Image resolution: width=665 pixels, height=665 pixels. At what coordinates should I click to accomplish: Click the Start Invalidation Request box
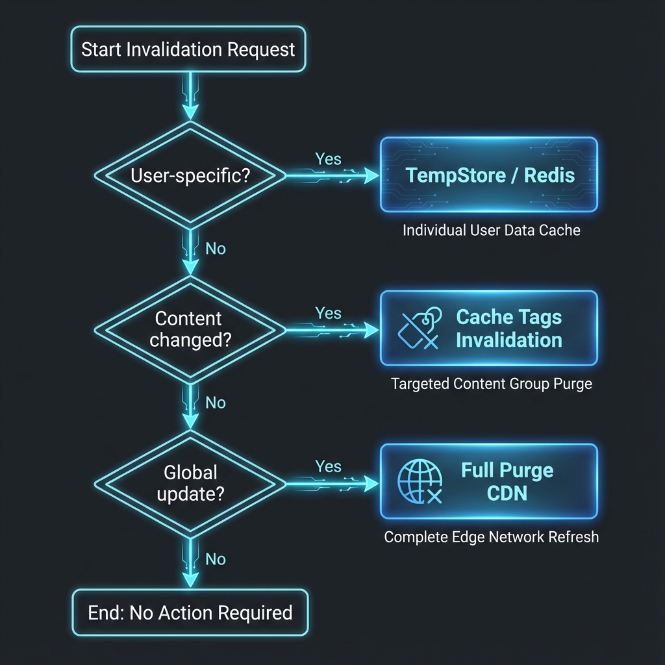click(188, 49)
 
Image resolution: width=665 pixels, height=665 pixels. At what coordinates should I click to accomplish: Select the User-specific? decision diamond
click(190, 175)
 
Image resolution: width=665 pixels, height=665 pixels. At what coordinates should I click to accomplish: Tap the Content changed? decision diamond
click(190, 329)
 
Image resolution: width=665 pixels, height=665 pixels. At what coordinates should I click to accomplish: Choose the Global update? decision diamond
click(190, 483)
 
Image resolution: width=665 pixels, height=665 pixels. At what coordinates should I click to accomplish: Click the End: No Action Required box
click(190, 612)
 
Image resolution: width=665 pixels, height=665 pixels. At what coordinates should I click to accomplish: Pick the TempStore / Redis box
click(488, 175)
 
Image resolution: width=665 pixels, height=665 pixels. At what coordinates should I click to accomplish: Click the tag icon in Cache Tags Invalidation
click(420, 329)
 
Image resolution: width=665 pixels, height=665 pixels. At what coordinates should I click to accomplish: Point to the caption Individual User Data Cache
click(491, 230)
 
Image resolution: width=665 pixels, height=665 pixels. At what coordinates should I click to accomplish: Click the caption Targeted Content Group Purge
click(492, 384)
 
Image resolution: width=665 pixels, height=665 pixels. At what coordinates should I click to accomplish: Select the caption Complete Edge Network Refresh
click(491, 537)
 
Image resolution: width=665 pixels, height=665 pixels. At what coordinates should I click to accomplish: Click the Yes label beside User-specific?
click(328, 159)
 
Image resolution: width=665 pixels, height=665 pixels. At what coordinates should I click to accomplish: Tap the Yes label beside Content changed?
click(328, 313)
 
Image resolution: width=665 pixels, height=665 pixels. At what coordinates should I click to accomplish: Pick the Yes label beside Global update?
click(328, 466)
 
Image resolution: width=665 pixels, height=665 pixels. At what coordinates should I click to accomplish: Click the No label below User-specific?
click(215, 249)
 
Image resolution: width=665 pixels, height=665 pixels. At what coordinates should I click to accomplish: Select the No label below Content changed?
click(215, 403)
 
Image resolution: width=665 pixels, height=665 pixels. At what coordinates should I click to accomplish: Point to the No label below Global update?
click(215, 559)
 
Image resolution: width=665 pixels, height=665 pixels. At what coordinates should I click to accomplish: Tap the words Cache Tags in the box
click(508, 318)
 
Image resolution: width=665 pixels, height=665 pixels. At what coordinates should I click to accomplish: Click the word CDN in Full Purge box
click(507, 494)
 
